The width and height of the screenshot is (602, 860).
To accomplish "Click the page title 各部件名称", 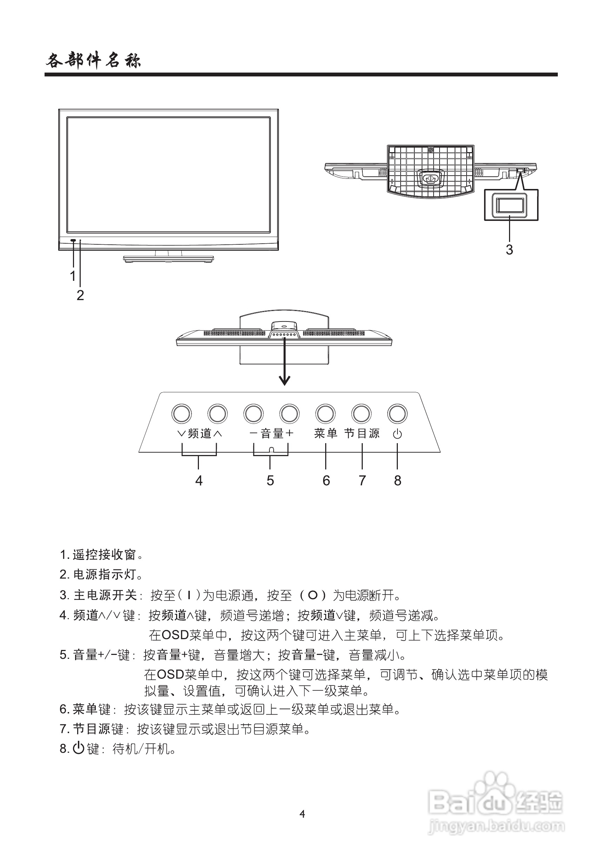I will pyautogui.click(x=93, y=60).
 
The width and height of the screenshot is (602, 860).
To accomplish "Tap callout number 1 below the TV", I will pyautogui.click(x=73, y=276).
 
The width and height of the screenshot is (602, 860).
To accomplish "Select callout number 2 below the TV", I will pyautogui.click(x=80, y=295).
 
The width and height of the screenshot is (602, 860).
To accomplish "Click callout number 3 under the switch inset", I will pyautogui.click(x=509, y=250).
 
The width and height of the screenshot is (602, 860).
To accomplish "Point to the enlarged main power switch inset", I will pyautogui.click(x=510, y=205).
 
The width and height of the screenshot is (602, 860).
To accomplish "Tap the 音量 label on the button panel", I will pyautogui.click(x=272, y=433).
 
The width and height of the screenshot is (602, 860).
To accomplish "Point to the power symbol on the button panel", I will pyautogui.click(x=397, y=434).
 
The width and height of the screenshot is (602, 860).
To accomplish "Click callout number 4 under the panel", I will pyautogui.click(x=199, y=481).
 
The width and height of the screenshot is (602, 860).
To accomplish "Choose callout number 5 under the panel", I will pyautogui.click(x=270, y=481).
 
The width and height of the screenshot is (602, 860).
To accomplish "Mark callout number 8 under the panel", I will pyautogui.click(x=397, y=481).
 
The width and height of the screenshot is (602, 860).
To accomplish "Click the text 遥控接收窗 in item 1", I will pyautogui.click(x=104, y=555).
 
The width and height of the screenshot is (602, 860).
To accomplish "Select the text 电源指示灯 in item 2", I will pyautogui.click(x=104, y=575).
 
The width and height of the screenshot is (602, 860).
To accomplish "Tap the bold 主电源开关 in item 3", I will pyautogui.click(x=105, y=595).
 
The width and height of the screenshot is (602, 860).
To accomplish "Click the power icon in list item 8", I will pyautogui.click(x=78, y=749).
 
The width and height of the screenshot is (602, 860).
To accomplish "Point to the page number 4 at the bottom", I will pyautogui.click(x=302, y=814).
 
